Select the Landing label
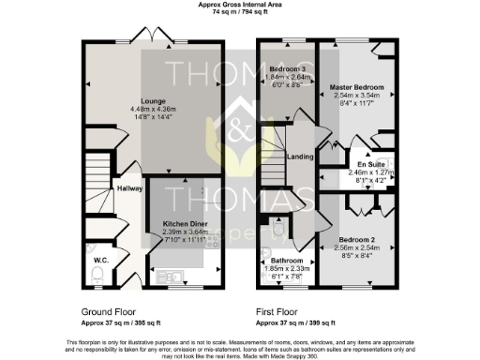pos(300,157)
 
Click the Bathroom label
pos(288,260)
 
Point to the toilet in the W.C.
pos(100,272)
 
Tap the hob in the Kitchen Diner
pos(215,240)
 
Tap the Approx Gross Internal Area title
pos(240,5)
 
